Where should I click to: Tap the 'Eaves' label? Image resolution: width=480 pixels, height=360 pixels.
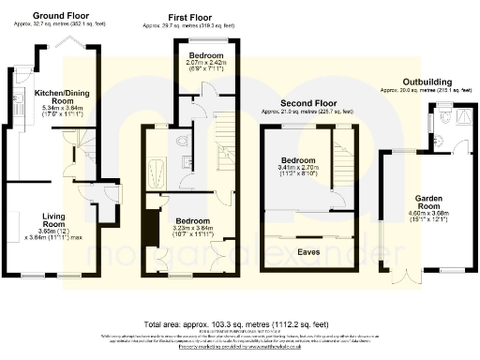308,251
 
